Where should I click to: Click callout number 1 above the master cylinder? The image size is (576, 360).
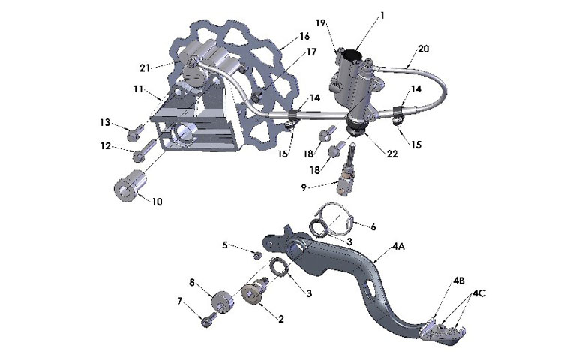click(381, 15)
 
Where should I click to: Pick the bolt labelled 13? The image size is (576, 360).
click(134, 133)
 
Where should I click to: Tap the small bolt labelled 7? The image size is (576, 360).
click(208, 319)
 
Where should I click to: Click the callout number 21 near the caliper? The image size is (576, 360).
click(144, 67)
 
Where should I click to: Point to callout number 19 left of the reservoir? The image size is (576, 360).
click(320, 22)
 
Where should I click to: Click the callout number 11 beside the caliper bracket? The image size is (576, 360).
click(138, 88)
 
